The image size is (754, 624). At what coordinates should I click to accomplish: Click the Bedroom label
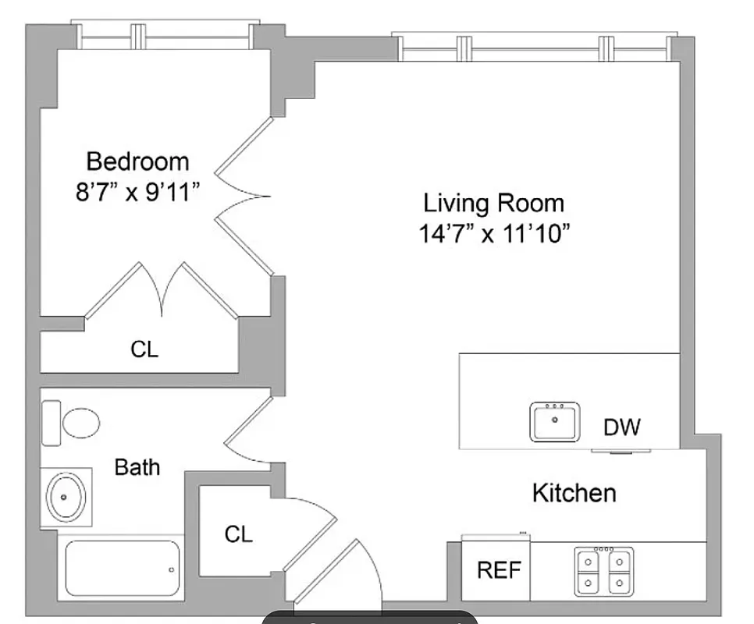pyautogui.click(x=137, y=161)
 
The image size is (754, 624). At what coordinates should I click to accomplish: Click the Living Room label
pyautogui.click(x=493, y=204)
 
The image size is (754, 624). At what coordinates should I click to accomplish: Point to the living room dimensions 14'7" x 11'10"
pyautogui.click(x=493, y=234)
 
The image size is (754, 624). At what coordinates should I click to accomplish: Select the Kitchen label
pyautogui.click(x=574, y=493)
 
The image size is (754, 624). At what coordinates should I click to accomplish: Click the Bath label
pyautogui.click(x=137, y=467)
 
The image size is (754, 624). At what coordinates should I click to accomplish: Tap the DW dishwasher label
pyautogui.click(x=622, y=427)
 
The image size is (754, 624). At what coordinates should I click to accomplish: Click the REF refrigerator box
pyautogui.click(x=498, y=570)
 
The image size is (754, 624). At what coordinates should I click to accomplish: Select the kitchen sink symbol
pyautogui.click(x=555, y=421)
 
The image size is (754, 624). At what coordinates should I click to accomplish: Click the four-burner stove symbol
pyautogui.click(x=604, y=572)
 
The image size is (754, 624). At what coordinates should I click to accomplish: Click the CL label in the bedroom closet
pyautogui.click(x=144, y=349)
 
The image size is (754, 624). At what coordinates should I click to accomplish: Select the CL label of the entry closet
pyautogui.click(x=238, y=534)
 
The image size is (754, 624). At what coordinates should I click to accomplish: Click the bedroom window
pyautogui.click(x=166, y=35)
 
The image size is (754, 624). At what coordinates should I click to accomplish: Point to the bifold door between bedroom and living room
pyautogui.click(x=244, y=195)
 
